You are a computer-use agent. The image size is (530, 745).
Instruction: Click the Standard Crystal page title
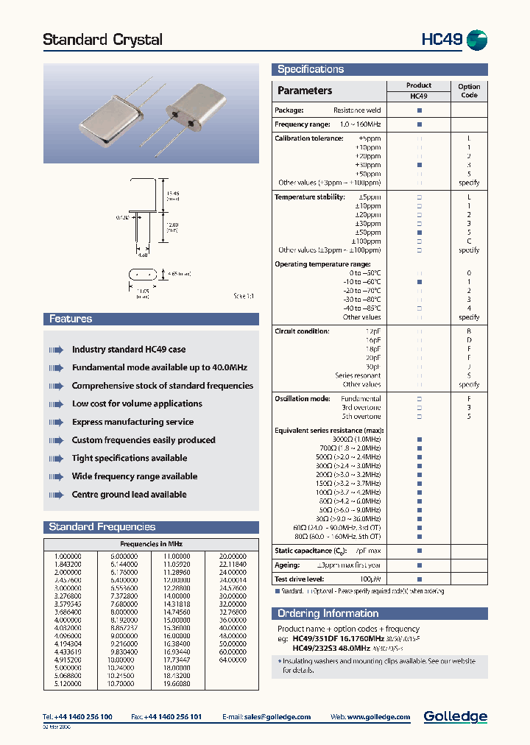(102, 40)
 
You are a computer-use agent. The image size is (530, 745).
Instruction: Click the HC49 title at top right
(441, 40)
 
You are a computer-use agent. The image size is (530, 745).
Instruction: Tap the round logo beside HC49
(477, 40)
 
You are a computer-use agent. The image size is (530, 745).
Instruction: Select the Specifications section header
(311, 69)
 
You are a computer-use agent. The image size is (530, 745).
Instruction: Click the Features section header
(71, 319)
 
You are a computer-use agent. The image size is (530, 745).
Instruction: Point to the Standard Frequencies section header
(102, 527)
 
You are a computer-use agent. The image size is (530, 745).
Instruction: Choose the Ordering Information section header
(328, 613)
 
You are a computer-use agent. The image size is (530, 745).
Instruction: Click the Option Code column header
(469, 91)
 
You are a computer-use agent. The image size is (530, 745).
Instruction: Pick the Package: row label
(289, 110)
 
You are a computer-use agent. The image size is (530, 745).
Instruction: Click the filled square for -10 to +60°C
(420, 282)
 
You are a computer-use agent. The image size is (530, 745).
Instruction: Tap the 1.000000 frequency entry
(68, 556)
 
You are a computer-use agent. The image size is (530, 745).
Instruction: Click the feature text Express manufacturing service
(132, 422)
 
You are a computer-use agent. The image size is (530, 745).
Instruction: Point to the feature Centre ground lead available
(129, 495)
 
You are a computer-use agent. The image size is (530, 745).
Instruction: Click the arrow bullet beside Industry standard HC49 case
(56, 350)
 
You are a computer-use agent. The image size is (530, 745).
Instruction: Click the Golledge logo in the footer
(455, 716)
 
